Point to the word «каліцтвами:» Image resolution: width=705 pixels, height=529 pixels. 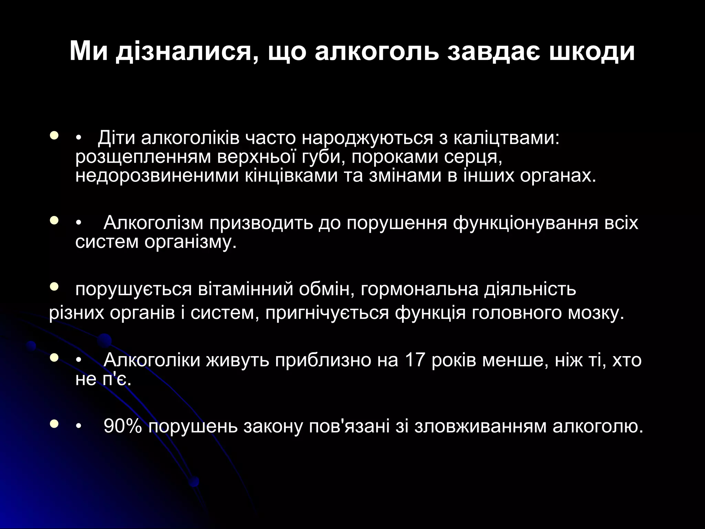tap(507, 138)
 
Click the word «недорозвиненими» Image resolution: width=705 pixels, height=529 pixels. tap(157, 176)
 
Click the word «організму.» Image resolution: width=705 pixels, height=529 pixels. tap(191, 242)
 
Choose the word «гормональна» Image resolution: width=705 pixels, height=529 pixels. tap(420, 289)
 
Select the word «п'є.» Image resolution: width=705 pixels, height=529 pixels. tap(117, 379)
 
